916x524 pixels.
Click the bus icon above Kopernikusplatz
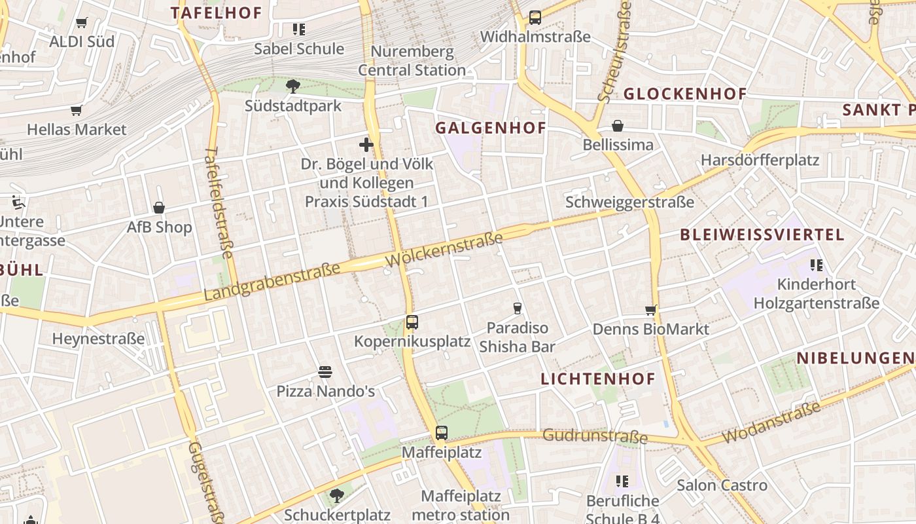point(412,322)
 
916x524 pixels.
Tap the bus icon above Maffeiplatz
point(442,433)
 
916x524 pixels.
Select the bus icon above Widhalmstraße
point(535,18)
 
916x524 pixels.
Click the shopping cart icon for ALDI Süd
point(82,23)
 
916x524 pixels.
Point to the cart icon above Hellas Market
point(77,110)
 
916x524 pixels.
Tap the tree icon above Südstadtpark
point(293,86)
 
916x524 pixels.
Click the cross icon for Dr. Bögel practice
point(366,145)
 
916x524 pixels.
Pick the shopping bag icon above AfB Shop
point(159,208)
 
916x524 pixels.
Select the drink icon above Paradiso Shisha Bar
point(518,308)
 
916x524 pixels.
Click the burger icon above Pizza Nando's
point(325,372)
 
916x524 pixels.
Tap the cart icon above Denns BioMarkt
point(650,310)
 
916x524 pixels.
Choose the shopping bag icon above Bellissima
point(618,125)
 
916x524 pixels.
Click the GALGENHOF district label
point(491,128)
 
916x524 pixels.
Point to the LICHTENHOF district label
point(598,379)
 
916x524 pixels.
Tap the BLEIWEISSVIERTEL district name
point(762,234)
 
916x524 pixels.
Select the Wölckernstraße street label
point(444,249)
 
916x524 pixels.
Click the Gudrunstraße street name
point(595,436)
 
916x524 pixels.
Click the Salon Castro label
point(722,485)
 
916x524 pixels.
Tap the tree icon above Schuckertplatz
point(337,496)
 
